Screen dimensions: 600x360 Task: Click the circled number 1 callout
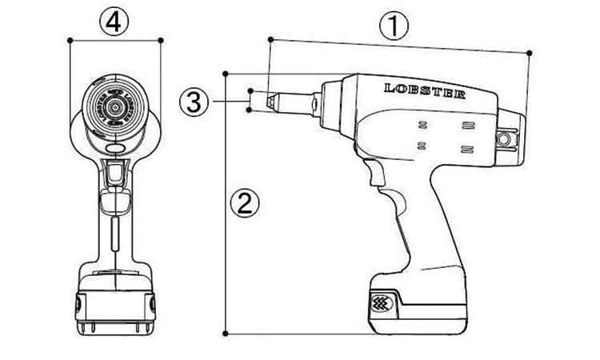click(394, 26)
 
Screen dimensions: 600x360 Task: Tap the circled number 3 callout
click(194, 102)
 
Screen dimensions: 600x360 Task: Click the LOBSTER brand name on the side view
click(425, 91)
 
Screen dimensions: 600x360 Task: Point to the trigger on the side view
click(375, 172)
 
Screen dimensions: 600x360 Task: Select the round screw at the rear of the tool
click(503, 139)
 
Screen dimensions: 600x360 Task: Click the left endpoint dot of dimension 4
click(70, 40)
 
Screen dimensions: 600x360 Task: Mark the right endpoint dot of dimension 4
click(161, 40)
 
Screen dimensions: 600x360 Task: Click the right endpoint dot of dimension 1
click(530, 53)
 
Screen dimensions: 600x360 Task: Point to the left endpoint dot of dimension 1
click(270, 39)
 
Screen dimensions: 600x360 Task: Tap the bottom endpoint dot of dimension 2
click(226, 334)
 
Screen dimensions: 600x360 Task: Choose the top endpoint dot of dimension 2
click(226, 74)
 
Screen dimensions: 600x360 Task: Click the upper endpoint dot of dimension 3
click(250, 90)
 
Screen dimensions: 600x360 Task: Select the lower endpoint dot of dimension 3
click(249, 110)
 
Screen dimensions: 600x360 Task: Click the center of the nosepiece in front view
click(114, 107)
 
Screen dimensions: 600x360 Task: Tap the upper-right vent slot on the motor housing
click(468, 125)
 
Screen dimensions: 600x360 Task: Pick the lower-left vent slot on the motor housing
click(422, 146)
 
